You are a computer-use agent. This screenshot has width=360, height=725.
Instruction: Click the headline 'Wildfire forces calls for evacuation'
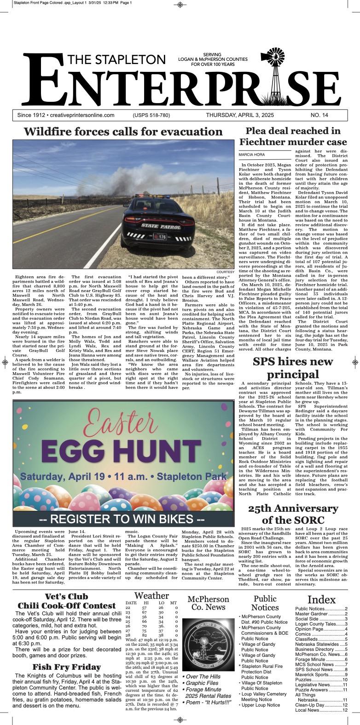pyautogui.click(x=123, y=132)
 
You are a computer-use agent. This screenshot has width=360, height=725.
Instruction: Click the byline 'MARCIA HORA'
pyautogui.click(x=252, y=155)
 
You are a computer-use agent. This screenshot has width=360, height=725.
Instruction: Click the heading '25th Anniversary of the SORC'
pyautogui.click(x=293, y=514)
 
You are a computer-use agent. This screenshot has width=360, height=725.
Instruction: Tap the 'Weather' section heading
pyautogui.click(x=151, y=596)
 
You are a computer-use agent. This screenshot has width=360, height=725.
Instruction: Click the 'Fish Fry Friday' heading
pyautogui.click(x=66, y=667)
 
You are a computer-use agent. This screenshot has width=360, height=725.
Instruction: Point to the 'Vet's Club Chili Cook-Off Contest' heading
pyautogui.click(x=66, y=601)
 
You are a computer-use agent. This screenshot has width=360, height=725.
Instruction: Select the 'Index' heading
pyautogui.click(x=321, y=599)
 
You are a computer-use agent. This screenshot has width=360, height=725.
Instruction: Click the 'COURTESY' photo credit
pyautogui.click(x=225, y=272)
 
